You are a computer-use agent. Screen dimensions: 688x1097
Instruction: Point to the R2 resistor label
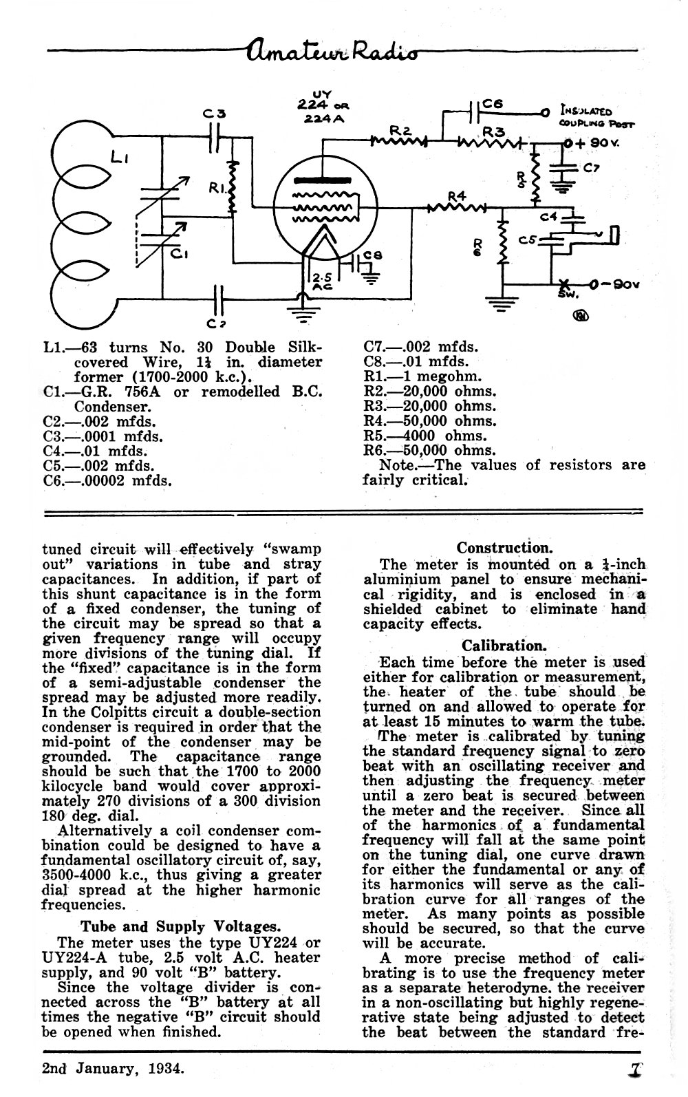tap(400, 130)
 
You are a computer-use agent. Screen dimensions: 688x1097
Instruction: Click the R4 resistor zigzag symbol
tap(456, 208)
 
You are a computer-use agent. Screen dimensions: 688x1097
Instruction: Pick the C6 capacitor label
tap(492, 104)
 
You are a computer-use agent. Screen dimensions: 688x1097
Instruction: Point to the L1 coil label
tap(120, 157)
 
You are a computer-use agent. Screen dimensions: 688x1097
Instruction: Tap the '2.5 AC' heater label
tap(323, 281)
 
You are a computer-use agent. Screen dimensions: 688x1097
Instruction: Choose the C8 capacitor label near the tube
tap(374, 255)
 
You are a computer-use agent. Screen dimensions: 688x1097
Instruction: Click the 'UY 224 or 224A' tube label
tap(322, 106)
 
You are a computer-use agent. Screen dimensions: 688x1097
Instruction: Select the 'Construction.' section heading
tap(504, 547)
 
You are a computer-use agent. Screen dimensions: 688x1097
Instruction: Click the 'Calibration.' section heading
tap(504, 646)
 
